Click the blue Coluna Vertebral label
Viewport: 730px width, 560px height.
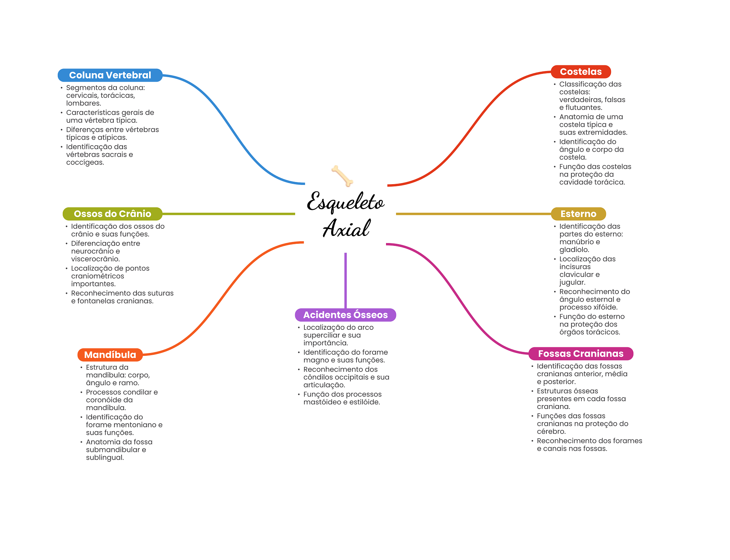[x=110, y=75]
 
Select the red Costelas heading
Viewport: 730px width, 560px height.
[x=581, y=72]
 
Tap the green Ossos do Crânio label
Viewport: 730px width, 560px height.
[x=112, y=214]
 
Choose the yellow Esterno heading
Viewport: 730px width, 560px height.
[x=578, y=214]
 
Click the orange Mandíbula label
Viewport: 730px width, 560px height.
[x=110, y=355]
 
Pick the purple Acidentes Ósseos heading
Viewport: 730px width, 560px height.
[x=345, y=315]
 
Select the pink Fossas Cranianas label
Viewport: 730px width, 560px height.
[x=581, y=354]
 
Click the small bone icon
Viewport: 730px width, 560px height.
[x=342, y=176]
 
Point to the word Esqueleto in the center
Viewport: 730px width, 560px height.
[x=346, y=202]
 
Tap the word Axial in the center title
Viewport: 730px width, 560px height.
[x=346, y=228]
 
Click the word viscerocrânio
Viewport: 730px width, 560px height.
[x=96, y=259]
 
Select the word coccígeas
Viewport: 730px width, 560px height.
[x=85, y=162]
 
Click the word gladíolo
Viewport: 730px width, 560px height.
[x=574, y=250]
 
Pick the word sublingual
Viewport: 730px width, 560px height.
[x=105, y=458]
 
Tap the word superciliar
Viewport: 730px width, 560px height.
[x=321, y=335]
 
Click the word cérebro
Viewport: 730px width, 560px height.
[x=551, y=432]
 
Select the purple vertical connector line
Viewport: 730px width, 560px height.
[x=345, y=281]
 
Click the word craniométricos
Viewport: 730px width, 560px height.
[x=98, y=276]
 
